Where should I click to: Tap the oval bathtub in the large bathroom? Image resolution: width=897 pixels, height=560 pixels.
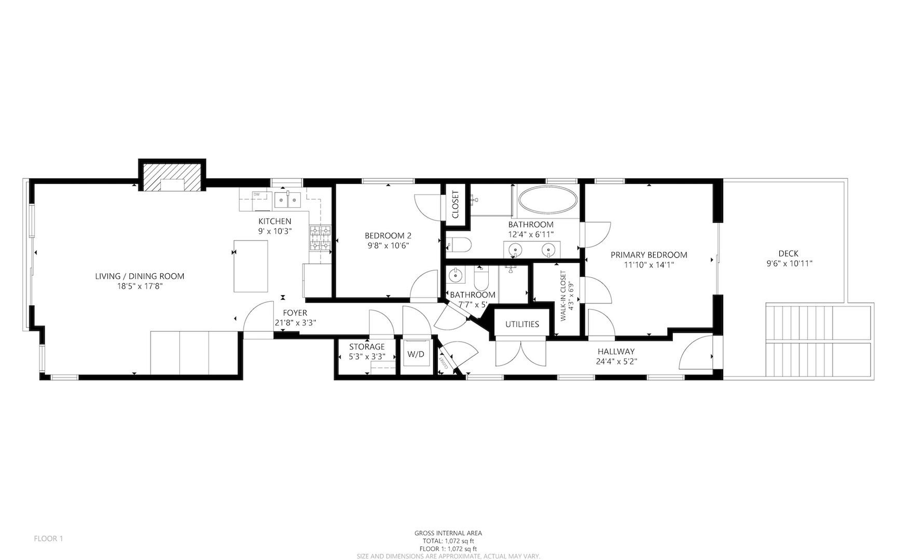tap(548, 199)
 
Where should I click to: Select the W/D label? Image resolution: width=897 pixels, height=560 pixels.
tap(416, 355)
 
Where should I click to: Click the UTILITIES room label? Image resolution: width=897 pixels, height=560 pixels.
tap(522, 324)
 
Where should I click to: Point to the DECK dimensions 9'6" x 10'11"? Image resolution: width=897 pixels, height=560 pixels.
tap(789, 263)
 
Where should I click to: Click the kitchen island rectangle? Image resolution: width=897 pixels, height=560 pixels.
tap(251, 266)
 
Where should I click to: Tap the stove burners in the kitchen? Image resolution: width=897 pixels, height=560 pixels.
tap(320, 238)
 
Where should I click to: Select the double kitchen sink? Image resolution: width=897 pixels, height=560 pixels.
tap(287, 199)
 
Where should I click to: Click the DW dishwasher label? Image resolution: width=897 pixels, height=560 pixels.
tap(256, 194)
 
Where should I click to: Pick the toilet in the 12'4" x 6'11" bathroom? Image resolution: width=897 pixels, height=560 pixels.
tap(458, 244)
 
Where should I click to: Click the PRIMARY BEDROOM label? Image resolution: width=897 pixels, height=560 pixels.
tap(649, 255)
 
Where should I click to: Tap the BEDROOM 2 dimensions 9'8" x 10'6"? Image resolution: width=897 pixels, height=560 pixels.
tap(388, 246)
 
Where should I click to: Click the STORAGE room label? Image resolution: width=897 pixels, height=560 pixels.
tap(367, 347)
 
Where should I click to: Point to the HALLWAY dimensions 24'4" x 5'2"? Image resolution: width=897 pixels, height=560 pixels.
tap(616, 361)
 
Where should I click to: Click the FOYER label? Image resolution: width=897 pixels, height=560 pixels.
tap(295, 313)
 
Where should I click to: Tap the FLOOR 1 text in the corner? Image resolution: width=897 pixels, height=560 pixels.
tap(48, 539)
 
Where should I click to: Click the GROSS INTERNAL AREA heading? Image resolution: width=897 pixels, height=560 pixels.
tap(448, 533)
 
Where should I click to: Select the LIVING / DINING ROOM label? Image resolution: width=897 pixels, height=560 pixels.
tap(140, 276)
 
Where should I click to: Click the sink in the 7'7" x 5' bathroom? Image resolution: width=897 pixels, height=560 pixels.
tap(456, 275)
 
